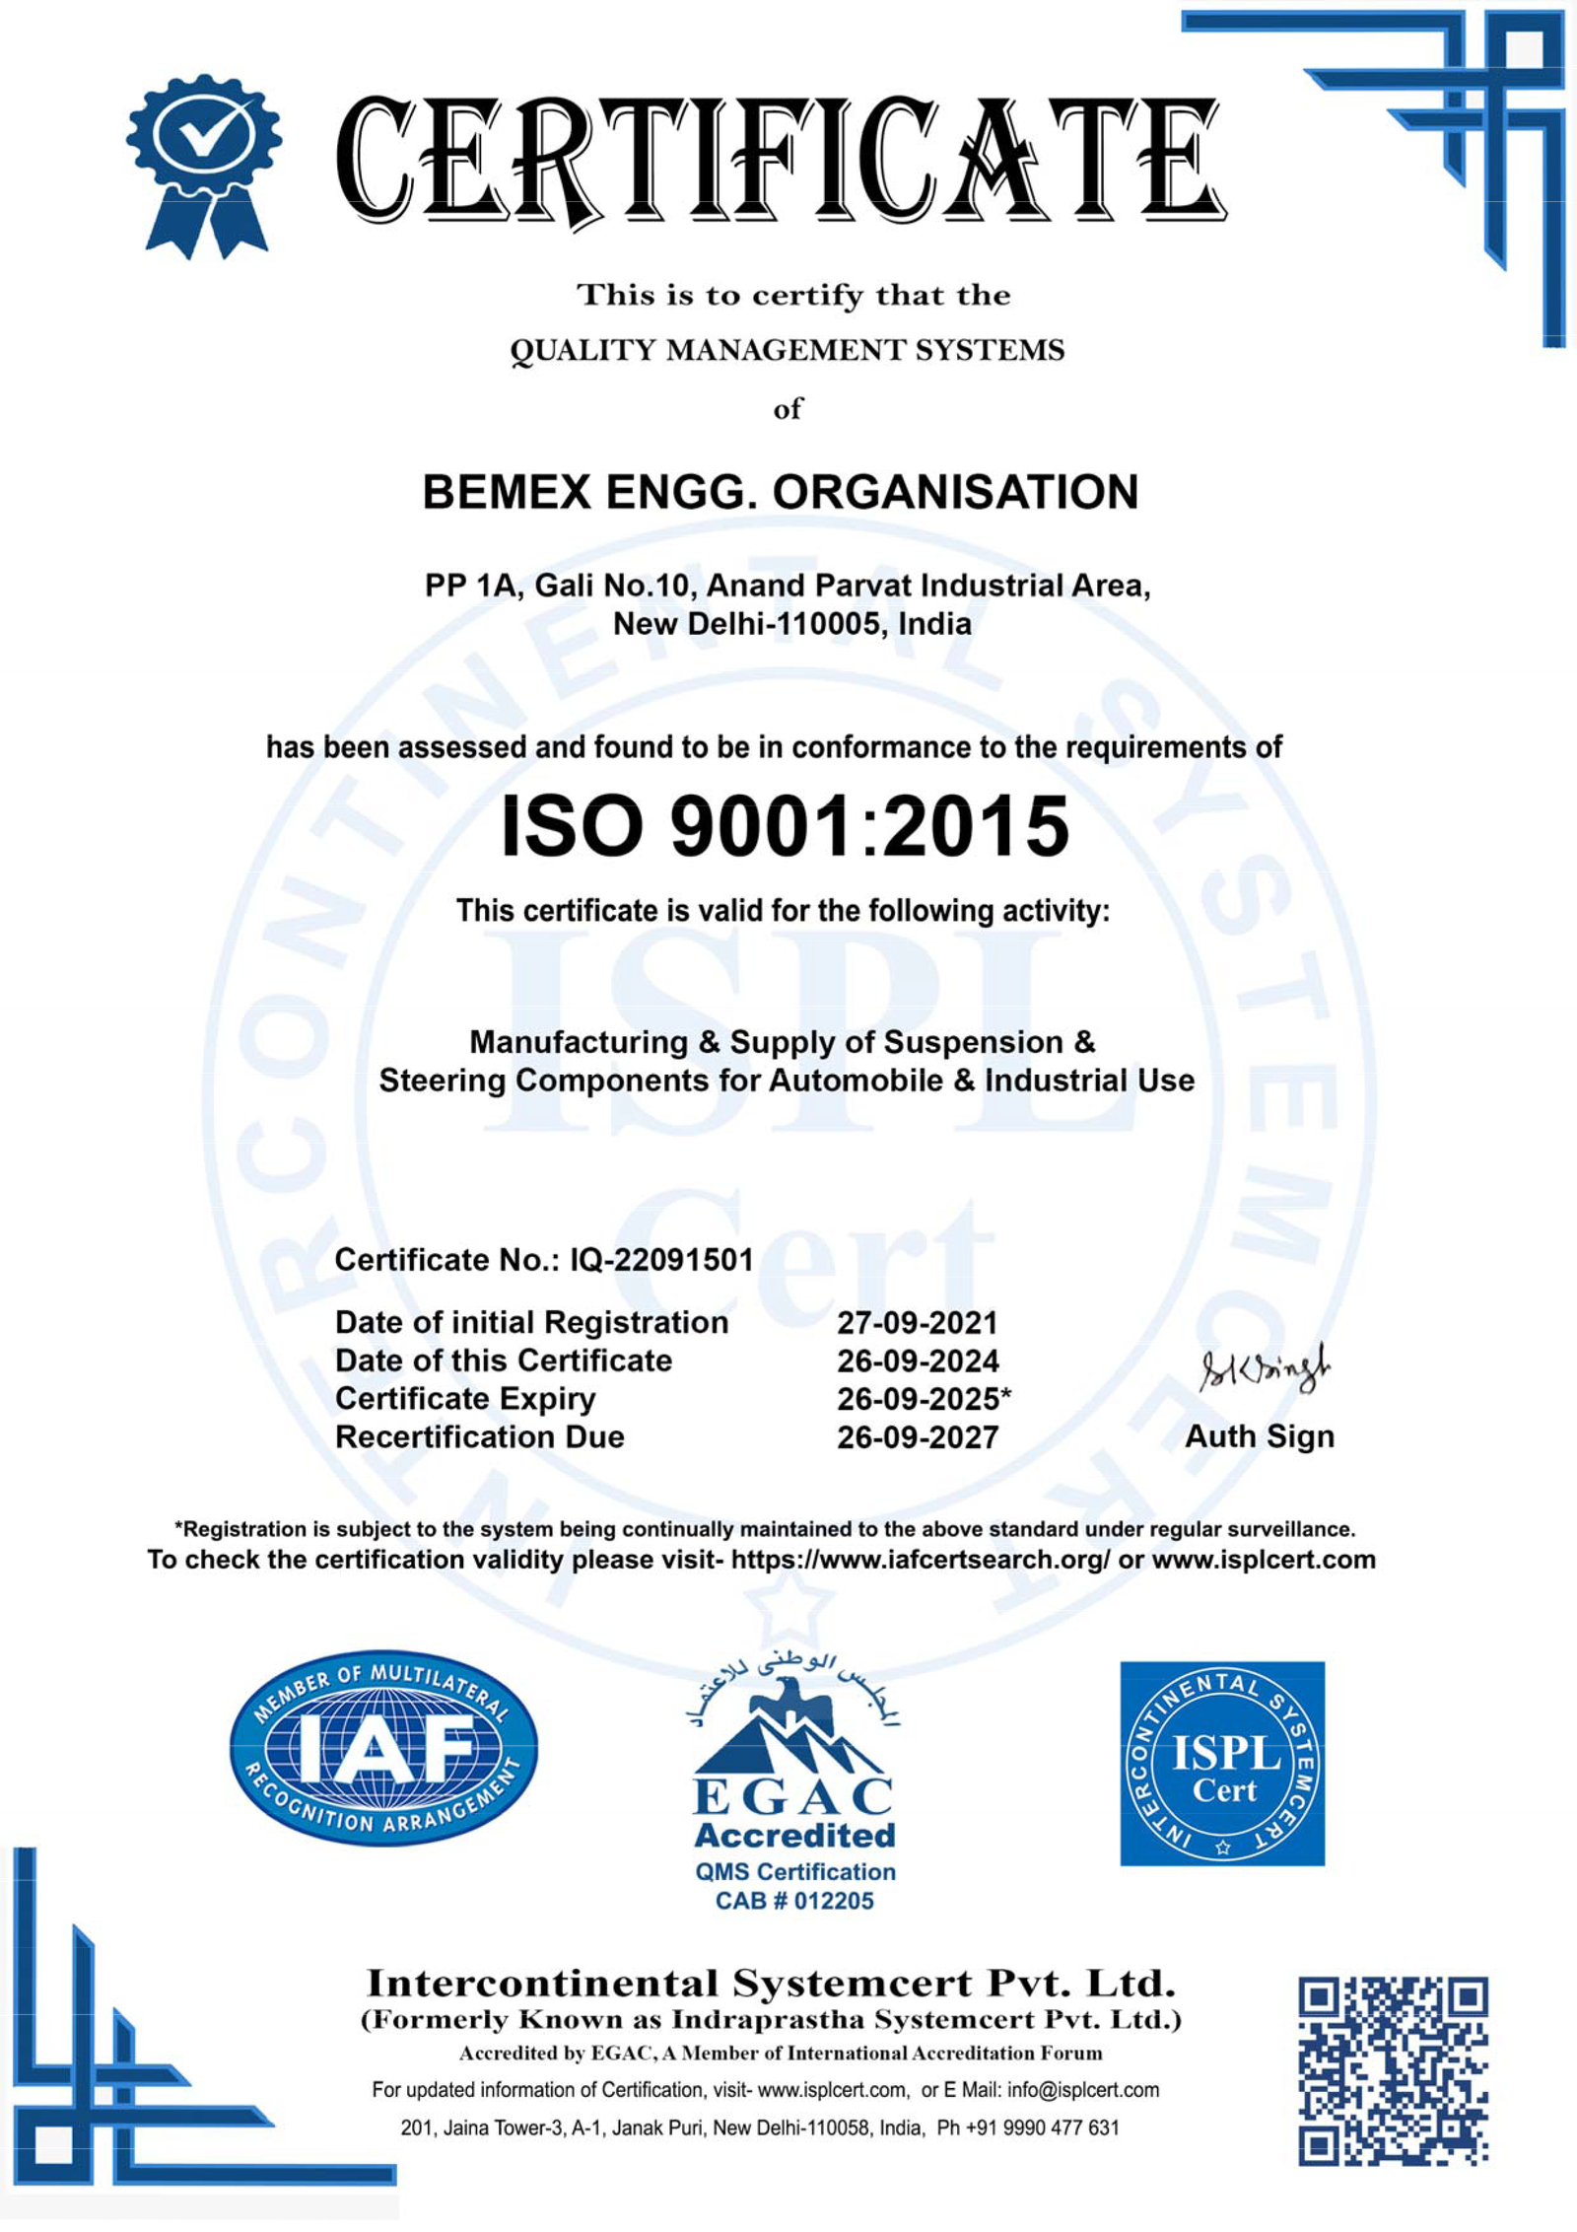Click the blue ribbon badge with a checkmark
pyautogui.click(x=204, y=163)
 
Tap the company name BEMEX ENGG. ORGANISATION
pyautogui.click(x=780, y=492)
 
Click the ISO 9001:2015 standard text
pyautogui.click(x=785, y=826)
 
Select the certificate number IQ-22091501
pyautogui.click(x=661, y=1260)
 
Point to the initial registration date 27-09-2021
pyautogui.click(x=918, y=1323)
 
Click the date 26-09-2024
pyautogui.click(x=918, y=1361)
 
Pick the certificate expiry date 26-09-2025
pyautogui.click(x=918, y=1399)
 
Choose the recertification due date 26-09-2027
pyautogui.click(x=918, y=1437)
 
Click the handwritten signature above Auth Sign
pyautogui.click(x=1264, y=1369)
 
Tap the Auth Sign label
pyautogui.click(x=1259, y=1436)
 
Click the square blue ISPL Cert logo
pyautogui.click(x=1222, y=1764)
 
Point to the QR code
pyautogui.click(x=1393, y=2070)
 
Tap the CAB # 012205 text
pyautogui.click(x=794, y=1901)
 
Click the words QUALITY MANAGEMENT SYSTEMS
pyautogui.click(x=787, y=351)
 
